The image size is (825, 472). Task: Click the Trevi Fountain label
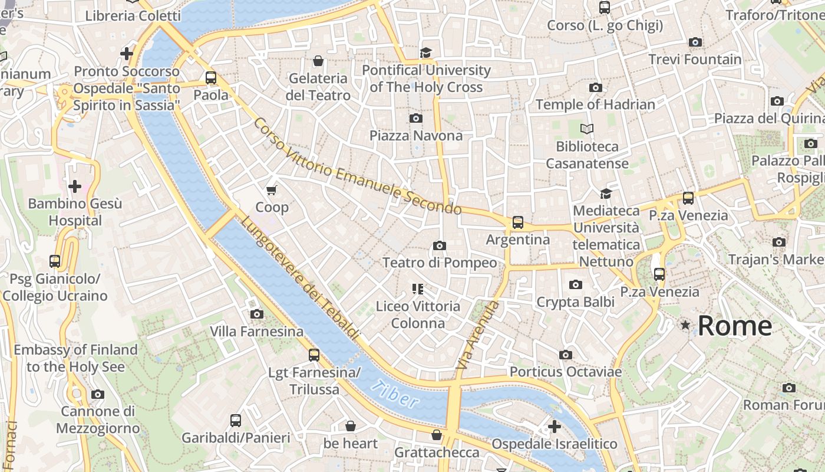[x=695, y=60]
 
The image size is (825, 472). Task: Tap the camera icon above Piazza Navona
[x=416, y=118]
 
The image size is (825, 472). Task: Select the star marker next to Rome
[x=685, y=325]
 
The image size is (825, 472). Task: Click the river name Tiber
[x=395, y=395]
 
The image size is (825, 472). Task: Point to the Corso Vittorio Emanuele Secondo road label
[x=357, y=167]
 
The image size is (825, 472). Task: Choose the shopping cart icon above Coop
[x=272, y=190]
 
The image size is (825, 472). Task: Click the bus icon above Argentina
[x=517, y=222]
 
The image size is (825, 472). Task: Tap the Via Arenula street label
[x=478, y=335]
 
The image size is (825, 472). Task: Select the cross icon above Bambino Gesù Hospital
[x=75, y=187]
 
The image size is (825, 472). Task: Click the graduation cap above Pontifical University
[x=426, y=53]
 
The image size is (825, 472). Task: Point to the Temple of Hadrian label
[x=595, y=104]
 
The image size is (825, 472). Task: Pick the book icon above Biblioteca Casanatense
[x=587, y=129]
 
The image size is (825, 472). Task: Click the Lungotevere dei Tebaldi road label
[x=299, y=278]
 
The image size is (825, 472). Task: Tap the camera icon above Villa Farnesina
[x=256, y=314]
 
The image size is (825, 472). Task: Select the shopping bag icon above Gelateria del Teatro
[x=318, y=61]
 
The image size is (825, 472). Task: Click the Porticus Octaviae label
[x=566, y=372]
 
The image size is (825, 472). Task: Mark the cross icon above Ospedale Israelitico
[x=555, y=426]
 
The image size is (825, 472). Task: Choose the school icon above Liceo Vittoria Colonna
[x=418, y=289]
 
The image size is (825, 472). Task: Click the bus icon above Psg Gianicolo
[x=55, y=261]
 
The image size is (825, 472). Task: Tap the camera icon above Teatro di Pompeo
[x=439, y=245]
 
